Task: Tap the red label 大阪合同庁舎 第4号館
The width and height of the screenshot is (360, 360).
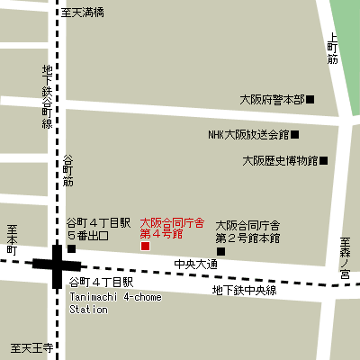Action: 172,228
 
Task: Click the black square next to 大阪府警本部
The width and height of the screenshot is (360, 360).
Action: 310,99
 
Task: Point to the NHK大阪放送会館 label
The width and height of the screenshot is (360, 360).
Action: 247,135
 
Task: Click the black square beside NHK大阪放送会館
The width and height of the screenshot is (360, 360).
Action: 294,135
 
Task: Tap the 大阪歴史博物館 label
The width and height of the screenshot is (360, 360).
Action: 280,161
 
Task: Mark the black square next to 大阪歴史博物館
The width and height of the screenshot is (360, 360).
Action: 324,161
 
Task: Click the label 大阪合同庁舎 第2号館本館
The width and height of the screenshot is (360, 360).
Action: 247,231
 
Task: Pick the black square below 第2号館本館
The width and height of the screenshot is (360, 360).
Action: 221,251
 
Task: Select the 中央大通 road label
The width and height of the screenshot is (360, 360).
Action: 195,265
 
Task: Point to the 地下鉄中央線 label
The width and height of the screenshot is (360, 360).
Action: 244,290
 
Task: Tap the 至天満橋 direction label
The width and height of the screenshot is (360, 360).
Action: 83,13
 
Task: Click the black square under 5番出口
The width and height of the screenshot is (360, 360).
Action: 72,248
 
